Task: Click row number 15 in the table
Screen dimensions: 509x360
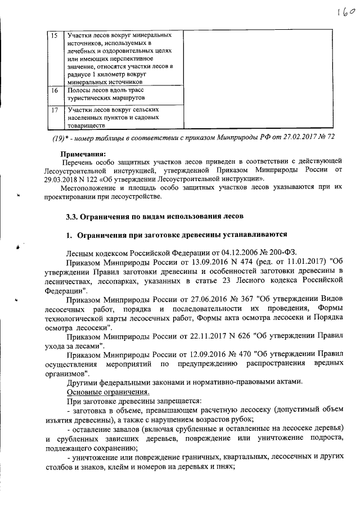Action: click(x=54, y=36)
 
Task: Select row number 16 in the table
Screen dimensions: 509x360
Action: click(x=54, y=90)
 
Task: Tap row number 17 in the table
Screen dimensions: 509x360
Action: click(x=54, y=110)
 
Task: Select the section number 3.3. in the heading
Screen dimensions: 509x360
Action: click(x=73, y=216)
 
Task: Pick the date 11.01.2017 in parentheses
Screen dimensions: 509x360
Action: click(x=294, y=262)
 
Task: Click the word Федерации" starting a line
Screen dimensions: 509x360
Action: click(x=65, y=293)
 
